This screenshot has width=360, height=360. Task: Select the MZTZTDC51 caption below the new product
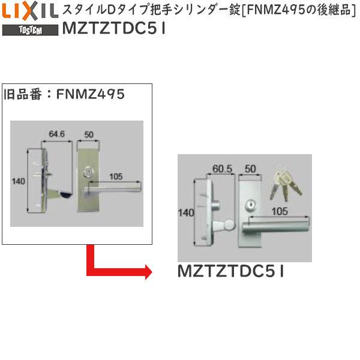[x=231, y=271]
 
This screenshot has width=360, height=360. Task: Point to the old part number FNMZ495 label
[x=64, y=94]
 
